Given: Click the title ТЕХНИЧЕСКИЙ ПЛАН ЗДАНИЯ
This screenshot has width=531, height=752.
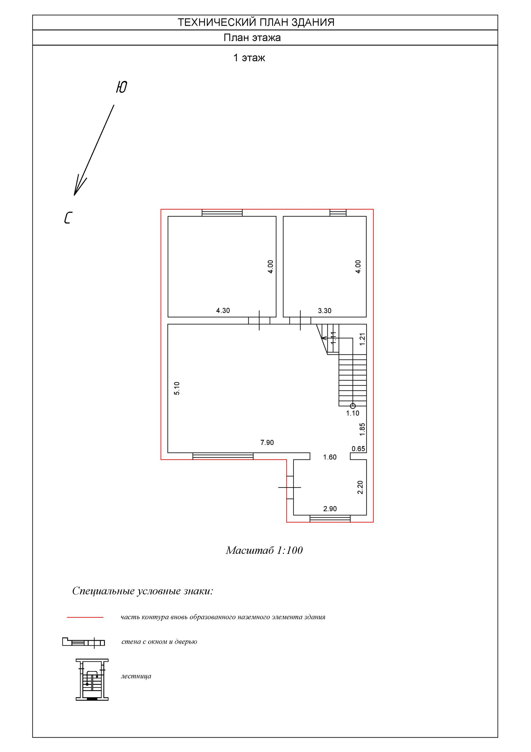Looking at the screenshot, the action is coord(256,22).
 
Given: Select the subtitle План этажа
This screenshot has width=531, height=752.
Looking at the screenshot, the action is coord(252,38).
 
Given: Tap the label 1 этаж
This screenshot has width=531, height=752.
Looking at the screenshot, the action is coord(249,58).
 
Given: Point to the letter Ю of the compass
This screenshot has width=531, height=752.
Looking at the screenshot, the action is coord(121,87).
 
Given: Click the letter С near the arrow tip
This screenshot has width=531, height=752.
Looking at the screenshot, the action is coord(68,218).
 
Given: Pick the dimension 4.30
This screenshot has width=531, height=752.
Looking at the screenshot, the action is coord(223,311).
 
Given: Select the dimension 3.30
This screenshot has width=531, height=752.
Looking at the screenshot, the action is coord(324,311).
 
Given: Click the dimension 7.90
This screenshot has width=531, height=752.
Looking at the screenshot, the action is coord(267,443).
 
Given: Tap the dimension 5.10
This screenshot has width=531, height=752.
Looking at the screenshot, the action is coord(177,388).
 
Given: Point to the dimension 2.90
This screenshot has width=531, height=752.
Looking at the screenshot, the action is coord(330,509).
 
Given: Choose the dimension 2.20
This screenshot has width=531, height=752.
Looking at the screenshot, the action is coord(360,487).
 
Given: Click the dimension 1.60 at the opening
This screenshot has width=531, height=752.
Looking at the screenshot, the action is coord(330,457).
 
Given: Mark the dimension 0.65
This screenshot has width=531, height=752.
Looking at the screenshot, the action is coord(358,449).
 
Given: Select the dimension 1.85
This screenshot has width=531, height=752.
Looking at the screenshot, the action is coord(362,429).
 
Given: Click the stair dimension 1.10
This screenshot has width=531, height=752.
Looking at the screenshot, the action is coord(353,413).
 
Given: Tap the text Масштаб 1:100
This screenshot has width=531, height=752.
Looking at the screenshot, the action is coord(264,550).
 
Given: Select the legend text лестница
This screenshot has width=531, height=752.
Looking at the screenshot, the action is coord(136,676).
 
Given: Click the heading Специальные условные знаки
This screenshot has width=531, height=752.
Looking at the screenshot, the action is coord(143,591).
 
